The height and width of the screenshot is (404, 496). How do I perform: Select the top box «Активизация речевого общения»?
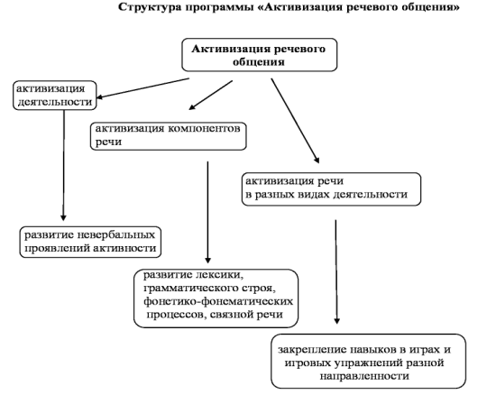pos(260,55)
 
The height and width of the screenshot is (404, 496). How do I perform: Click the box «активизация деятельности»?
pos(55,96)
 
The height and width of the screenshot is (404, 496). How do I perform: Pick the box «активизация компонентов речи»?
pos(169,136)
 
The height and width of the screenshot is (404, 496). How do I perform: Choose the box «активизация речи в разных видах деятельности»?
pos(331,189)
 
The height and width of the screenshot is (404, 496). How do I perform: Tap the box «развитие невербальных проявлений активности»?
pos(90,242)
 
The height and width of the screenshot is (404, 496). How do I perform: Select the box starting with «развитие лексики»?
pos(216,298)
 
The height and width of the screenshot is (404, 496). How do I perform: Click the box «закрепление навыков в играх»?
pos(369,361)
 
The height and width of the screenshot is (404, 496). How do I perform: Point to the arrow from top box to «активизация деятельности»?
pos(143,88)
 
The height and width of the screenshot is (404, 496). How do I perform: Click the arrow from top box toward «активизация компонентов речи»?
pos(211,95)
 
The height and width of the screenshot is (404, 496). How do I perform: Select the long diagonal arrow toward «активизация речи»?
pos(295,121)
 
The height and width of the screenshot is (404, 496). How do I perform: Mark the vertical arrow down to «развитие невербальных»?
pos(64,165)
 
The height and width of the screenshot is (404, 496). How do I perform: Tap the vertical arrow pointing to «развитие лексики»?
pos(207,212)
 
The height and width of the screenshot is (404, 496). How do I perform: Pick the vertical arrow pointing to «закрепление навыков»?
pos(336,271)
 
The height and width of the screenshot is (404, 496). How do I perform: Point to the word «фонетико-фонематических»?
pos(218,301)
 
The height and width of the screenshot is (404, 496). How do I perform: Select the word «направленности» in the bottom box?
pos(364,376)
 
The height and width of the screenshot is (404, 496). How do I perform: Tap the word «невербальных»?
pos(116,235)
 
